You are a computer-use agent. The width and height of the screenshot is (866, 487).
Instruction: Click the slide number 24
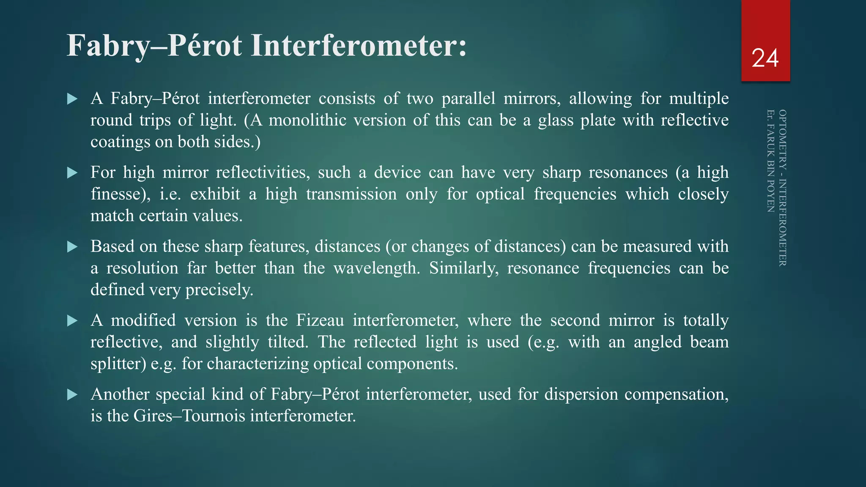point(765,58)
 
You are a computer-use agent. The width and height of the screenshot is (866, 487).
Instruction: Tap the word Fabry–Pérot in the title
point(154,46)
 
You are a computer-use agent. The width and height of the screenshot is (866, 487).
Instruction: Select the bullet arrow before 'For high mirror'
point(72,173)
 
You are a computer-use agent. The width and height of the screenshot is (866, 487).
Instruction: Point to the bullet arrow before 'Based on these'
point(72,247)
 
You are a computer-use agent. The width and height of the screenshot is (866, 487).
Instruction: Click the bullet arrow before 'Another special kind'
point(72,395)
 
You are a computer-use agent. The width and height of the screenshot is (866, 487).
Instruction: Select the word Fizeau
point(320,320)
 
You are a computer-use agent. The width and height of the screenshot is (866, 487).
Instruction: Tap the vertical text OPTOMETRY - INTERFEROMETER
point(783,188)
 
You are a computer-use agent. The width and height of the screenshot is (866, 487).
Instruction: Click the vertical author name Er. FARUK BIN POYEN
point(770,161)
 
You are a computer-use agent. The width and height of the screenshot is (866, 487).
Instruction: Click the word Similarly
point(464,268)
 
